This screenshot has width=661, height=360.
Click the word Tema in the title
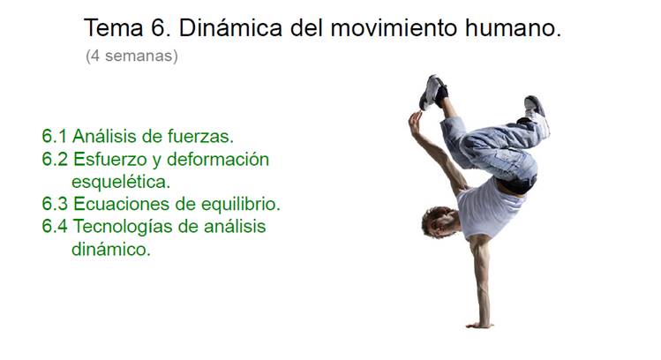[114, 28]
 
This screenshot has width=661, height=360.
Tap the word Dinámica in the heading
[230, 28]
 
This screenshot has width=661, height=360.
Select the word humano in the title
[513, 28]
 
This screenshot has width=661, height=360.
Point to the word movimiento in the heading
[394, 28]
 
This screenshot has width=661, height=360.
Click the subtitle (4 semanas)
[131, 56]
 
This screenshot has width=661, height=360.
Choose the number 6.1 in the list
[55, 137]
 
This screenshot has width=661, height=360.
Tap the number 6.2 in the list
[55, 160]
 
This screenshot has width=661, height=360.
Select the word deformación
[218, 160]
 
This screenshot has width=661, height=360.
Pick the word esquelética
[121, 182]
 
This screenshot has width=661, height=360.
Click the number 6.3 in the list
[55, 204]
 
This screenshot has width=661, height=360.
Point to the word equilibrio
[241, 204]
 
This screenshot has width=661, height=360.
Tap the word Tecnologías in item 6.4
[123, 227]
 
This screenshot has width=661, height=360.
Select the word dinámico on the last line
[111, 249]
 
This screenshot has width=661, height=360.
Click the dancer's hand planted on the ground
[479, 325]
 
